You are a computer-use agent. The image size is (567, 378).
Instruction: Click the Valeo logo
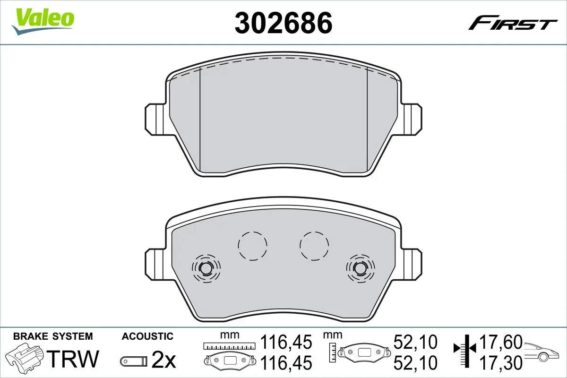coord(43,21)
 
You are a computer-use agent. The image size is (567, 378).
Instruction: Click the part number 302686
coord(283,23)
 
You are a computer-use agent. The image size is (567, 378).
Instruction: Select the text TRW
coord(73,359)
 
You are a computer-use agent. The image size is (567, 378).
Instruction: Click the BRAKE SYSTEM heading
coord(53,336)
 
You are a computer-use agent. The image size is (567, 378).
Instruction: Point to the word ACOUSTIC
coord(147,336)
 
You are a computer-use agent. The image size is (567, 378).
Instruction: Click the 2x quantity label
coord(163,359)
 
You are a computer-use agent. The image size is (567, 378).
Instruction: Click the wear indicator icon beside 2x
coord(134,361)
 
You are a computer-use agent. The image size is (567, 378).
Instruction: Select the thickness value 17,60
coord(501,342)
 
